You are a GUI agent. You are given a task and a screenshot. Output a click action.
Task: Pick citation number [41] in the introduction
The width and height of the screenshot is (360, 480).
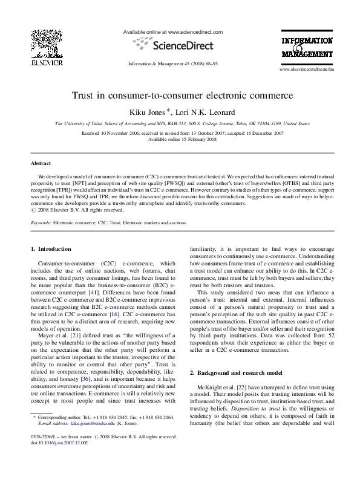click(93, 293)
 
